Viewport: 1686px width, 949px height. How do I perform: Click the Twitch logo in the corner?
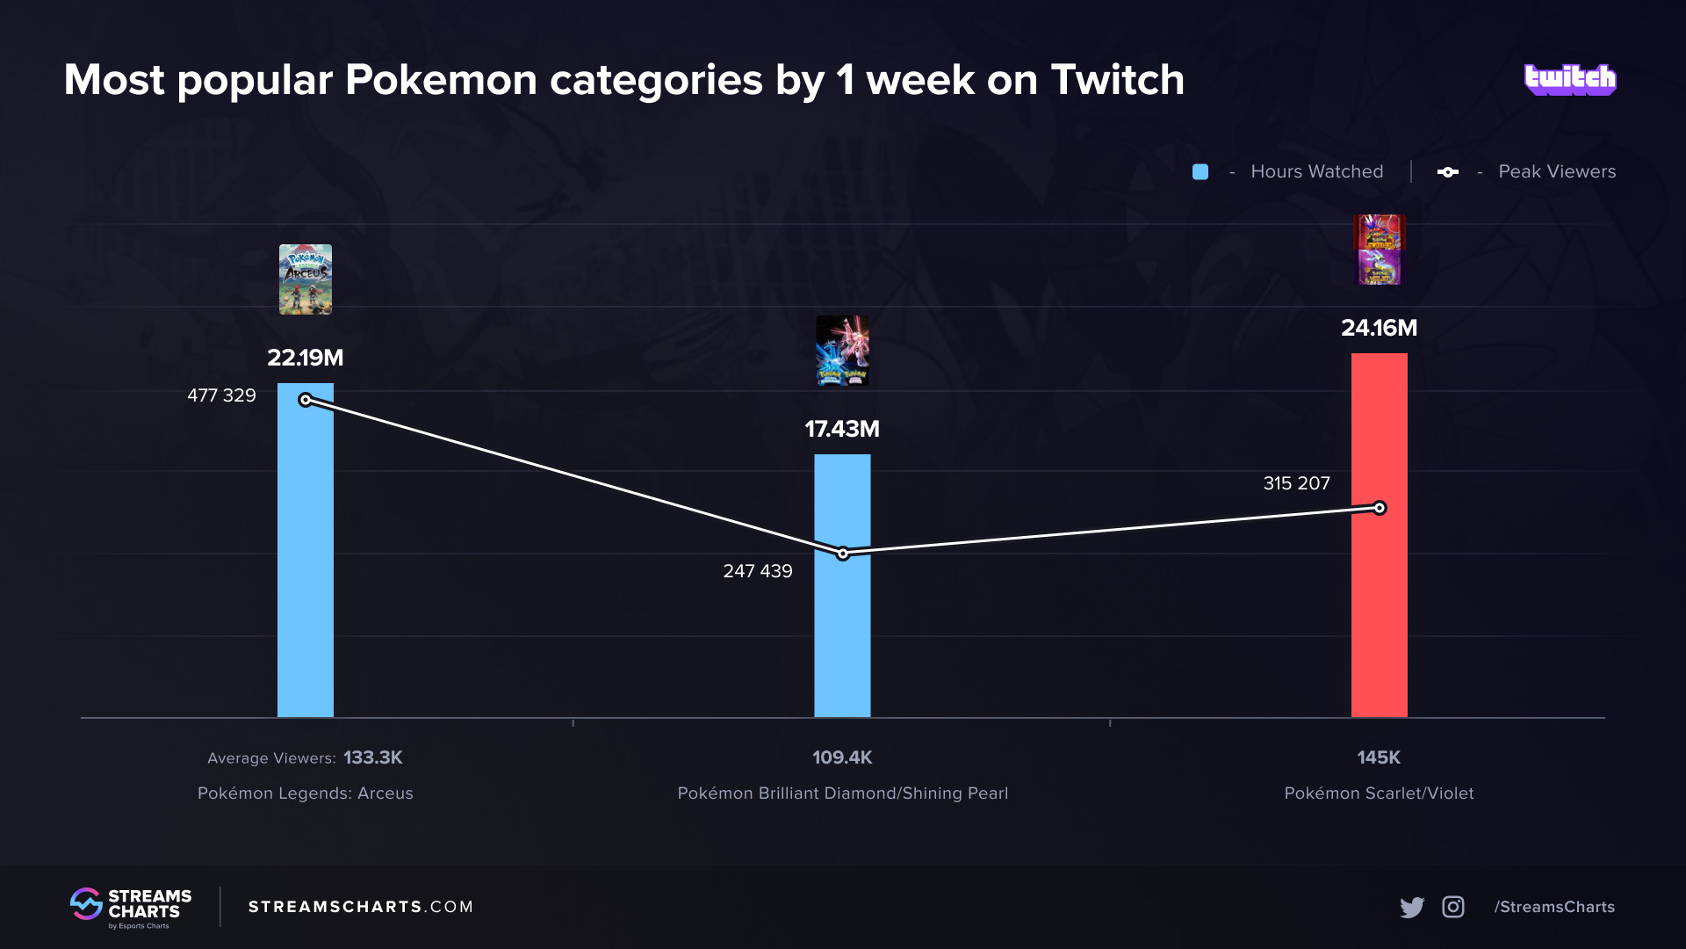1570,80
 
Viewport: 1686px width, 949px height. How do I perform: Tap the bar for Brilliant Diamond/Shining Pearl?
842,633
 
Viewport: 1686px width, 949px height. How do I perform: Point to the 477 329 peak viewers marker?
306,400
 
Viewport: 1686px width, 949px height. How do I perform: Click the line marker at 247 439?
843,554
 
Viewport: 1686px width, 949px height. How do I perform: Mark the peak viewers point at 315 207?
1380,508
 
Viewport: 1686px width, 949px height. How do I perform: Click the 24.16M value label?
1379,328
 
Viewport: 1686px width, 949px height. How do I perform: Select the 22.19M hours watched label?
305,358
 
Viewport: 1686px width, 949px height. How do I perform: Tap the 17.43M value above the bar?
842,429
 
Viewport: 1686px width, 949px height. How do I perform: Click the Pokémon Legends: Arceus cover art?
305,279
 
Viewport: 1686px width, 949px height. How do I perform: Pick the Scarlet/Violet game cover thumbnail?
1379,250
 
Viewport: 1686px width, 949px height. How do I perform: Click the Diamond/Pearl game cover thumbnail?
842,351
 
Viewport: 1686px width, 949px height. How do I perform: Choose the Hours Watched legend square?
1200,172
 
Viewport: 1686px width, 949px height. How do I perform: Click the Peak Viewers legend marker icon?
1448,172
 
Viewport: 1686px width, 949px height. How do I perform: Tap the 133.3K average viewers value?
372,757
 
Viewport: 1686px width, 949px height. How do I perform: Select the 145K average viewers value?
1379,757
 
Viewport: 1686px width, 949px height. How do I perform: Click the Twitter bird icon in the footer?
1412,907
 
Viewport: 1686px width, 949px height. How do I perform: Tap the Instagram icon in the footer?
1453,907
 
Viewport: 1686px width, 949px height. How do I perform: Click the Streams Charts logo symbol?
86,904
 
